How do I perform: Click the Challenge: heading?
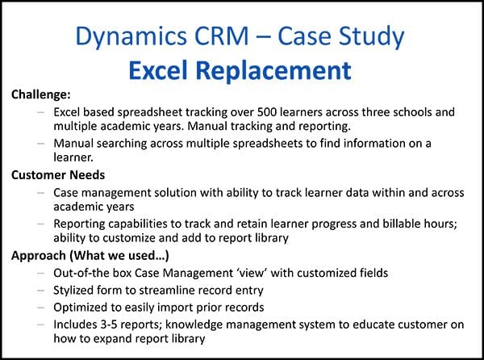[41, 95]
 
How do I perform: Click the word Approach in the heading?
[38, 255]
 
